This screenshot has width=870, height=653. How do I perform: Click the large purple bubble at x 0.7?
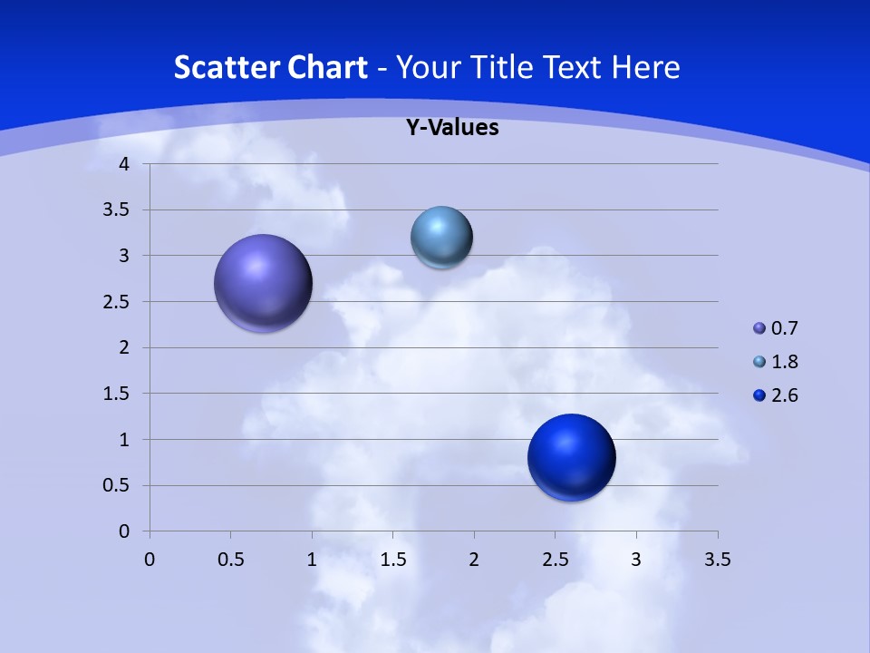tap(263, 283)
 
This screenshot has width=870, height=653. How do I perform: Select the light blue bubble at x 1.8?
tap(441, 238)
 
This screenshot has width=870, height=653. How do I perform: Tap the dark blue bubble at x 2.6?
tap(571, 457)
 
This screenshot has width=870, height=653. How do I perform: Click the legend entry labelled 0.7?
tap(776, 328)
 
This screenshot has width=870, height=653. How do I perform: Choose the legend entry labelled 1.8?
tap(776, 362)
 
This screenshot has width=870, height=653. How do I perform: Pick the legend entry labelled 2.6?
tap(776, 395)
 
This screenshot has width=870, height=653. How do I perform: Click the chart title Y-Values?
tap(452, 128)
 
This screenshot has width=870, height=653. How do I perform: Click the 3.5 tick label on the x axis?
tap(717, 560)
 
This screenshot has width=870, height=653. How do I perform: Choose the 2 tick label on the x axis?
tap(474, 560)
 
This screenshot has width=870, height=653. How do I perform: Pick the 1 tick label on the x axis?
tap(312, 560)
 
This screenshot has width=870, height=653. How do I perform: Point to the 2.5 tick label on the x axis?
tap(555, 560)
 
